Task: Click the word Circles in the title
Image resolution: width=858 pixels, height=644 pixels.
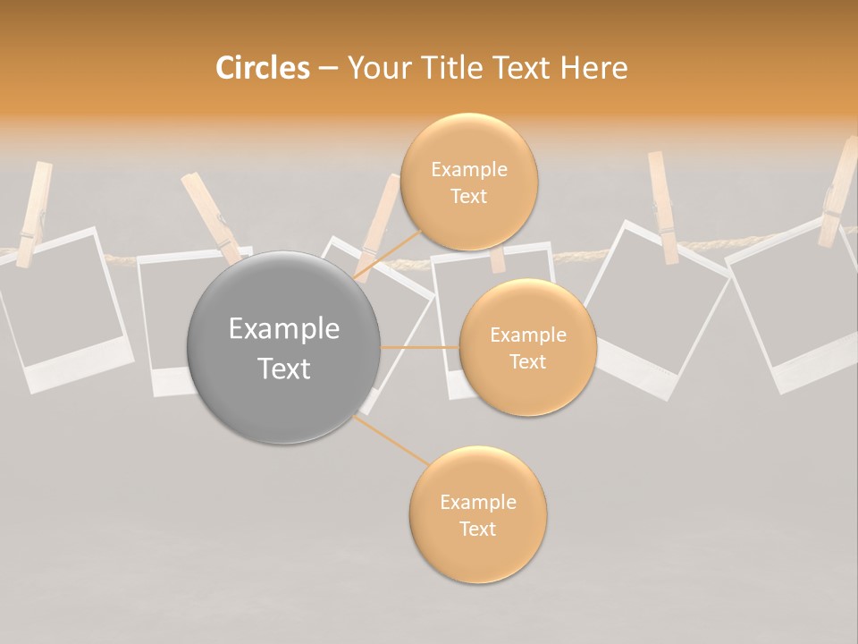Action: (x=262, y=68)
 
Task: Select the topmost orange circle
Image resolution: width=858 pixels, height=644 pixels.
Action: (x=468, y=182)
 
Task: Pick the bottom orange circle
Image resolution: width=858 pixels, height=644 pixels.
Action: (x=477, y=515)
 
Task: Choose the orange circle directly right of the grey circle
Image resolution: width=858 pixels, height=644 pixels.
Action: (x=527, y=348)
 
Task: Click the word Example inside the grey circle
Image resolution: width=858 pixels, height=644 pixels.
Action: (x=284, y=329)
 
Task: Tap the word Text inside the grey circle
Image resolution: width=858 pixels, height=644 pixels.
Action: (x=284, y=369)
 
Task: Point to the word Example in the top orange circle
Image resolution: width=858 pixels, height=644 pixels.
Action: (x=468, y=170)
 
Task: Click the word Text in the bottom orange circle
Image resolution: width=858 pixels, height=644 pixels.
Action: (x=477, y=529)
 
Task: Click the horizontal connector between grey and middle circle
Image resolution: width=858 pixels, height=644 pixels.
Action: (x=420, y=347)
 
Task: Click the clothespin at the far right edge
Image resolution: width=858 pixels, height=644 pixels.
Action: (x=837, y=192)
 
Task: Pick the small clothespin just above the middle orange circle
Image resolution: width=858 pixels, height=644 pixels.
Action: (x=498, y=259)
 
